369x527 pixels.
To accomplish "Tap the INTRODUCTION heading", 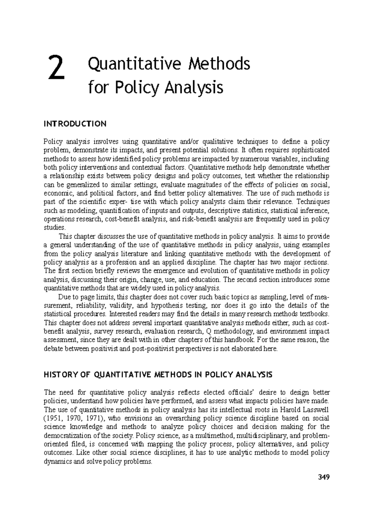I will (75, 124).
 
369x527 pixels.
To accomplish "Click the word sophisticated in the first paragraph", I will (308, 150).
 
